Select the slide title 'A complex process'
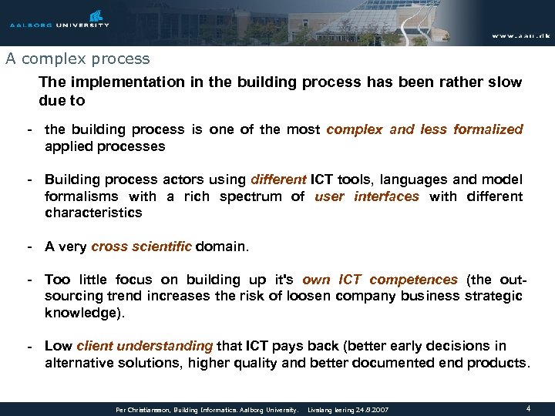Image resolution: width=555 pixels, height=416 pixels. tap(77, 59)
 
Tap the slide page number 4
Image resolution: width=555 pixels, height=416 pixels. tap(527, 408)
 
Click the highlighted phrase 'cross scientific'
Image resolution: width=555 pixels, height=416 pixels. tap(141, 247)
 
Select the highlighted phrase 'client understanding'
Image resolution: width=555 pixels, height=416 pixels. tap(144, 346)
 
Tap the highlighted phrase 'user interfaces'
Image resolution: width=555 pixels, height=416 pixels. tap(367, 196)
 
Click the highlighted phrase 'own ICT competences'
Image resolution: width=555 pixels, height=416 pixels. tap(379, 280)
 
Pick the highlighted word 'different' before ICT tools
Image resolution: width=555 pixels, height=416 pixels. tap(278, 179)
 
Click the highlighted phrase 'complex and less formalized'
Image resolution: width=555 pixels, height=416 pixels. tap(425, 129)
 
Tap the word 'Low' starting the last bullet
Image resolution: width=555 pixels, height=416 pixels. tap(58, 346)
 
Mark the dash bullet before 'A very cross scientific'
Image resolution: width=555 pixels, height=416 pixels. tap(29, 247)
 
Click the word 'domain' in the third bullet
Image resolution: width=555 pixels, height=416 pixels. tap(221, 247)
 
